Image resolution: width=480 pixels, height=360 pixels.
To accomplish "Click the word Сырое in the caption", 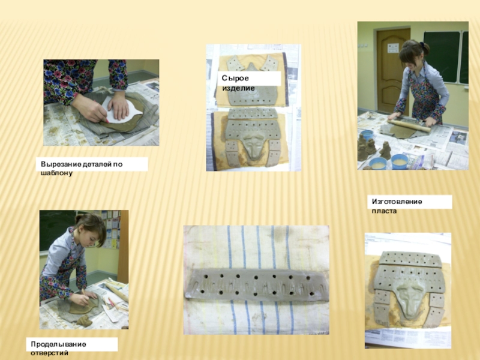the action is coord(235,79).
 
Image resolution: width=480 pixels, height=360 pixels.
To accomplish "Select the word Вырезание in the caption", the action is coord(61,164).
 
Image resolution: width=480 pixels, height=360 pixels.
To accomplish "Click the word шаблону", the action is coord(56,173).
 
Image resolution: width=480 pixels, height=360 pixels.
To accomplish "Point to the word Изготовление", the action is coord(397,202).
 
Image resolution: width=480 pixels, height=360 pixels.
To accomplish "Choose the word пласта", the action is coord(384,211).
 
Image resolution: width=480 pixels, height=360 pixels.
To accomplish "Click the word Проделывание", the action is coord(58,344).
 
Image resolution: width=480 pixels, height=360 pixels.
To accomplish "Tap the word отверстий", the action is coord(49,353).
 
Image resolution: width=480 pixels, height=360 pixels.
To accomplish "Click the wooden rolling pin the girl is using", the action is coord(409,125).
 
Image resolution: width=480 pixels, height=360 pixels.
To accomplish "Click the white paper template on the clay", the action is coord(122,110).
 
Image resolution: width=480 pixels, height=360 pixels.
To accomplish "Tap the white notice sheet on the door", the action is coord(393,48).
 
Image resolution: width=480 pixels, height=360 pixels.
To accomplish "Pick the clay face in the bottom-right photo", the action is coord(410,299).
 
